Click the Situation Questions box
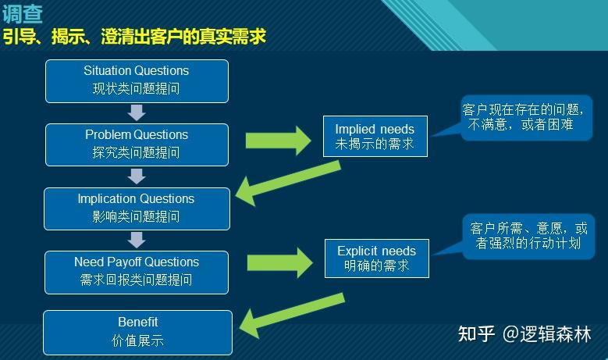(x=137, y=80)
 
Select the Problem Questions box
(x=137, y=144)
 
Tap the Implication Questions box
(x=137, y=208)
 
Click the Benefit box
(x=137, y=332)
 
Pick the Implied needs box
(x=375, y=137)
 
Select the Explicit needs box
(x=376, y=258)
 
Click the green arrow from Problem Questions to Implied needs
(x=277, y=140)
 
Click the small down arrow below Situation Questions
(x=137, y=112)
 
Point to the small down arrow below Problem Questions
(x=137, y=176)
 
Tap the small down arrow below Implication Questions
(x=137, y=240)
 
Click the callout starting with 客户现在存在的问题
(x=525, y=116)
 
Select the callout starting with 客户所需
(x=528, y=236)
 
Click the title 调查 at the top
(x=23, y=12)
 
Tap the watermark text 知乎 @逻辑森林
(x=524, y=334)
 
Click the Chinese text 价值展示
(x=137, y=341)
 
